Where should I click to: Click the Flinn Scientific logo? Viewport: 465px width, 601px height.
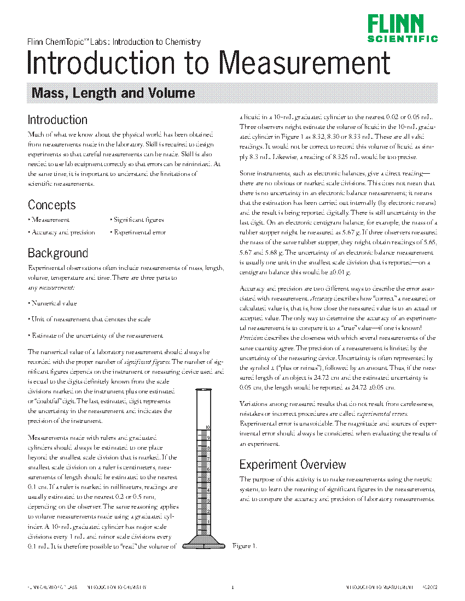point(402,28)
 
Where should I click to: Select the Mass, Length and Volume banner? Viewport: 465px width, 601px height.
point(113,93)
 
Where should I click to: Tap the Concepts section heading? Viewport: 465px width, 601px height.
point(52,205)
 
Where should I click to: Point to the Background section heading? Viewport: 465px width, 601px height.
point(58,253)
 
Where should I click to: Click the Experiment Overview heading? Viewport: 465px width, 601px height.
point(293,464)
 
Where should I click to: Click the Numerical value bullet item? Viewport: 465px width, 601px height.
point(53,303)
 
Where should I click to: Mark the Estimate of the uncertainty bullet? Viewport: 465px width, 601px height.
point(95,335)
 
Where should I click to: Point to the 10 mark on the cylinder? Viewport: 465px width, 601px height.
point(208,427)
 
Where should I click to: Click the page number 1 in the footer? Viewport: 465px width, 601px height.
point(233,587)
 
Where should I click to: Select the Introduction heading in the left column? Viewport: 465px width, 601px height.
point(57,120)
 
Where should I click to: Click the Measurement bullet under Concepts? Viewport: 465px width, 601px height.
point(49,220)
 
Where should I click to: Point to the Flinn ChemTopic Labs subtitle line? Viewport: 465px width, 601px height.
point(114,42)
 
